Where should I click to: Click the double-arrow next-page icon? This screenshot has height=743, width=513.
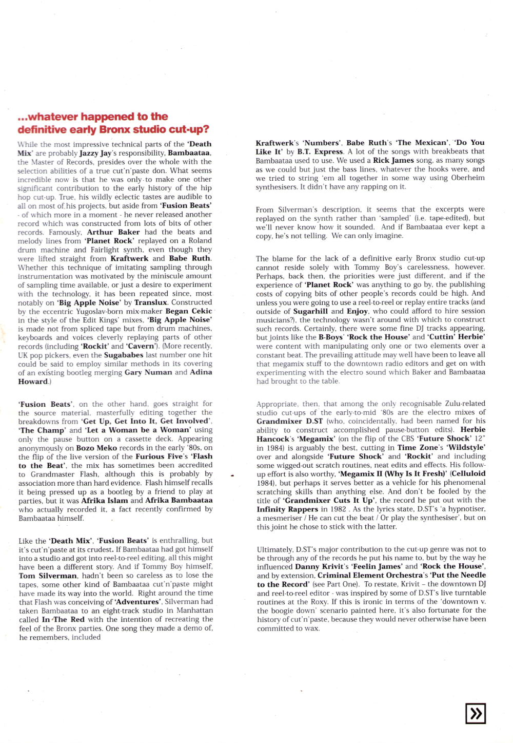tap(475, 713)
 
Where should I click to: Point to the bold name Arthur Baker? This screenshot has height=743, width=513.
tap(113, 232)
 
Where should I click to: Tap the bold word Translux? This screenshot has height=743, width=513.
tap(151, 302)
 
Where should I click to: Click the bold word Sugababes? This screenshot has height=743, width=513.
tap(124, 355)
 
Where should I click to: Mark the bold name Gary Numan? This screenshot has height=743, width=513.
tap(148, 372)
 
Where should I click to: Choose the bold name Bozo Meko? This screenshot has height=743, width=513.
tap(96, 448)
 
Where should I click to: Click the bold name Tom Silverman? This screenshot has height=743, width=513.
tap(43, 576)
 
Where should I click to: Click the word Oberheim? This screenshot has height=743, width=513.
tap(468, 178)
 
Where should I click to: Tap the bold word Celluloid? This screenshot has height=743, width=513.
tap(467, 474)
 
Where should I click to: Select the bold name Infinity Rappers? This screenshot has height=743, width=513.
tap(287, 509)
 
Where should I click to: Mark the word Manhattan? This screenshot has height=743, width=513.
tap(195, 611)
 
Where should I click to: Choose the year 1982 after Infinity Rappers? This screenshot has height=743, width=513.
tap(338, 509)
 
